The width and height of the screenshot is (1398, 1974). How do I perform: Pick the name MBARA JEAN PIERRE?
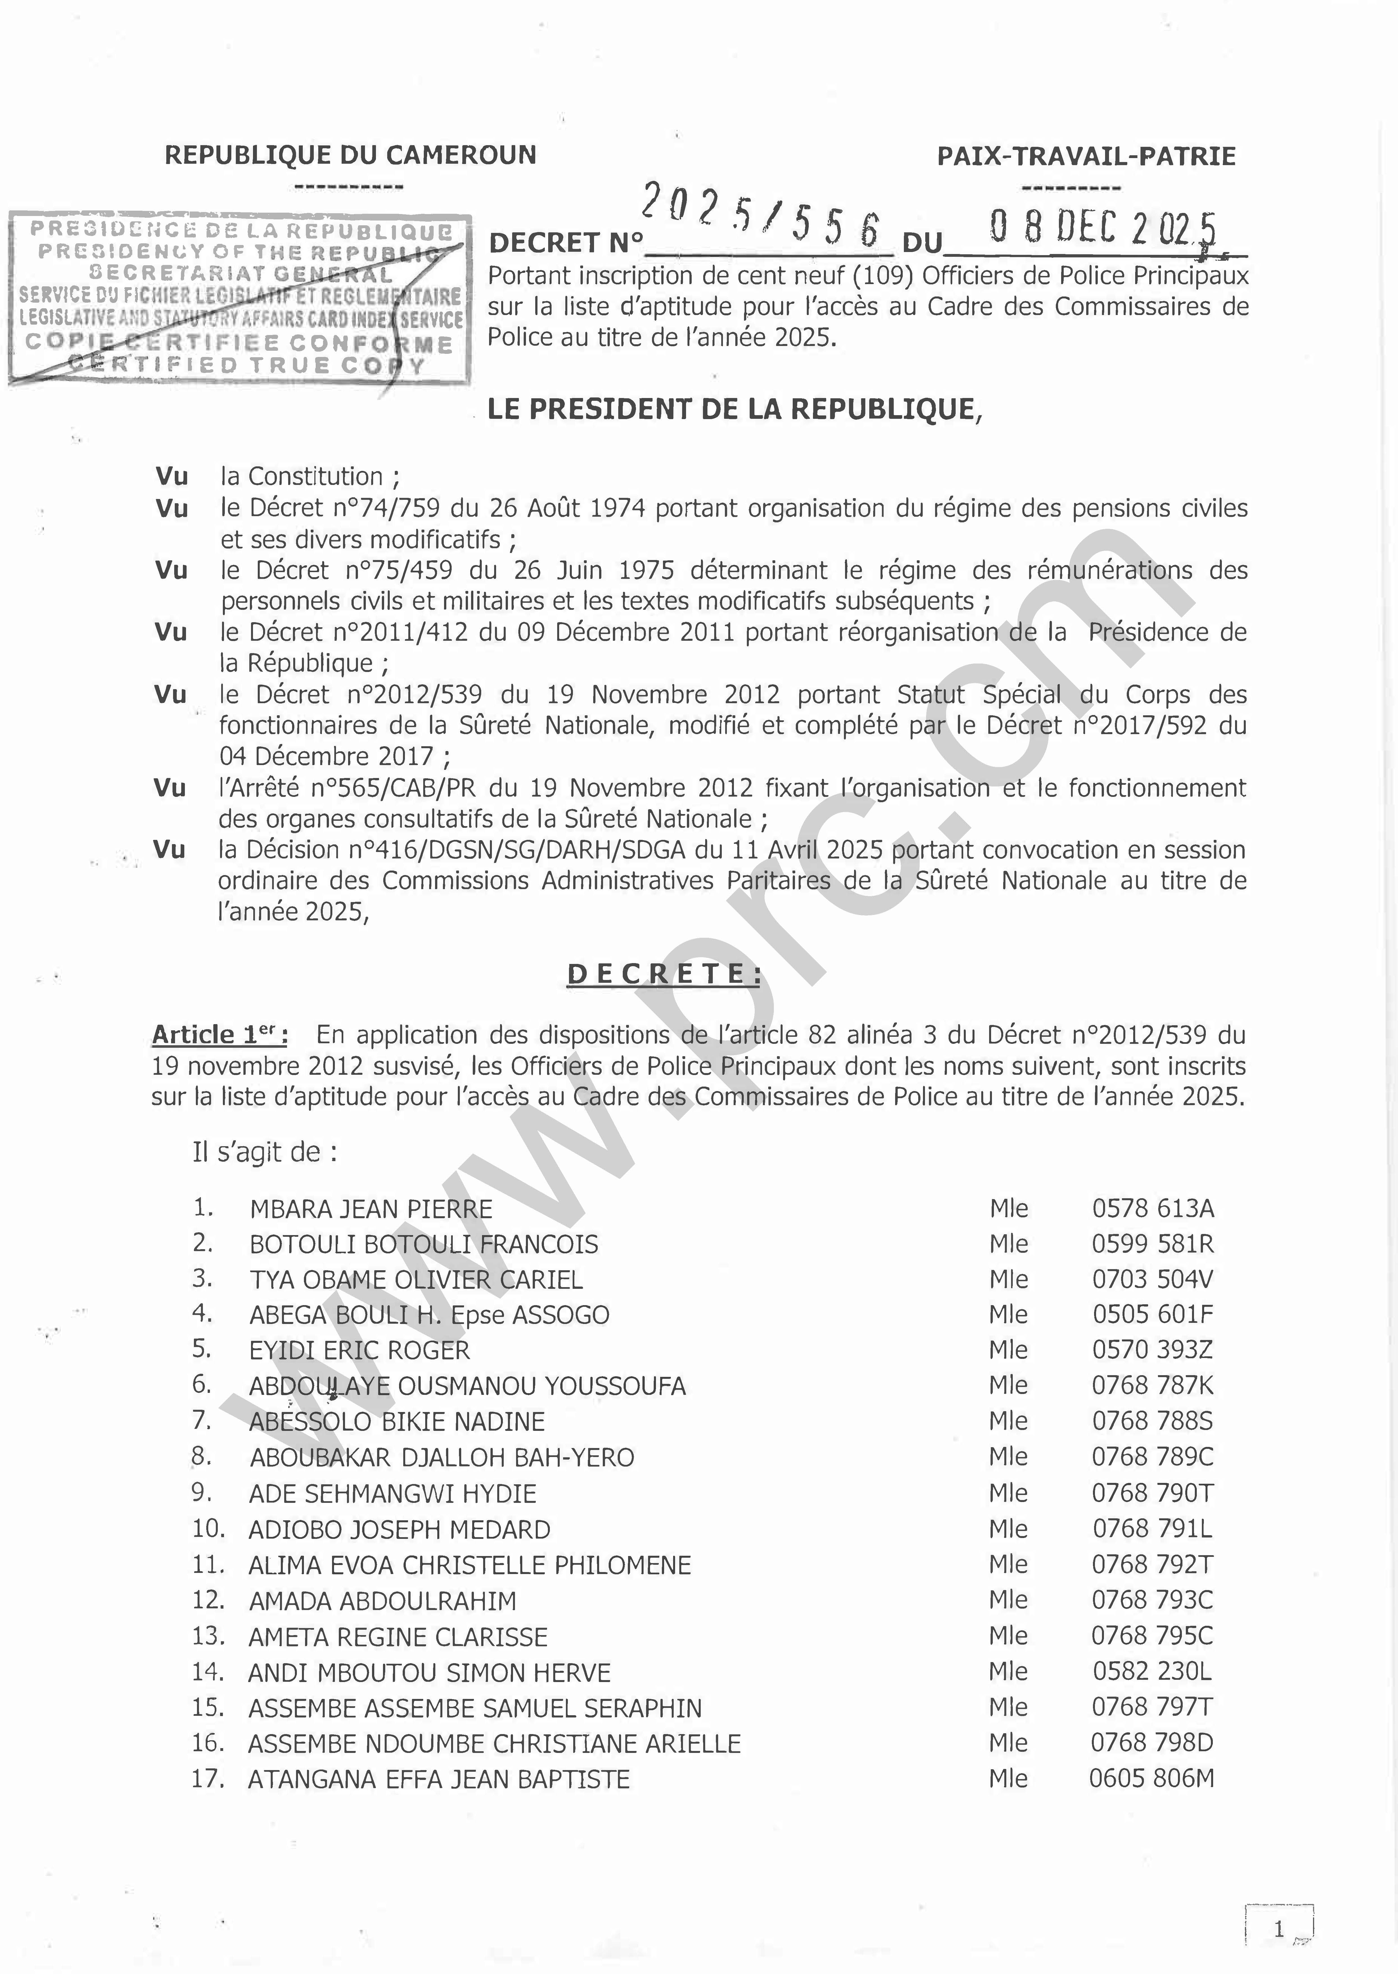click(x=371, y=1209)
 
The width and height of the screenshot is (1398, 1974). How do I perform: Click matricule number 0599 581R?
click(x=1153, y=1244)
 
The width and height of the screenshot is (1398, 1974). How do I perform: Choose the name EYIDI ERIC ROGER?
click(x=360, y=1350)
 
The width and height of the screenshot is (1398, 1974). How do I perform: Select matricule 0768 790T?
click(x=1153, y=1493)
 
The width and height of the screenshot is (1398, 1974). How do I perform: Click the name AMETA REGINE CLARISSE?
click(x=398, y=1637)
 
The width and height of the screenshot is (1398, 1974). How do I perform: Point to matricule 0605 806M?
click(x=1152, y=1779)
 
